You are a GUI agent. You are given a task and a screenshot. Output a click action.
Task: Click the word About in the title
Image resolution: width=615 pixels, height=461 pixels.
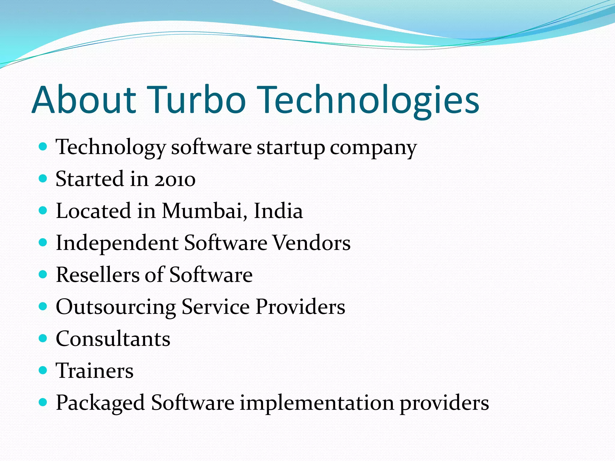click(x=84, y=100)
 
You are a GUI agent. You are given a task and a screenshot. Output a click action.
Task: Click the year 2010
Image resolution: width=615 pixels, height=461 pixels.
click(x=175, y=179)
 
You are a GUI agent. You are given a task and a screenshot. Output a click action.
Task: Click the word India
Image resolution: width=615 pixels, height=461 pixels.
click(x=278, y=211)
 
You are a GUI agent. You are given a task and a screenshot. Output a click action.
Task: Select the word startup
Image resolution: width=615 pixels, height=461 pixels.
click(x=291, y=148)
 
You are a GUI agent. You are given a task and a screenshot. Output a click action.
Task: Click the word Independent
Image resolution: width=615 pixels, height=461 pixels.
click(x=117, y=243)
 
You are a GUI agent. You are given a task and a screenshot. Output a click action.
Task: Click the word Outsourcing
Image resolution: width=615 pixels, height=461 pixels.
click(x=116, y=307)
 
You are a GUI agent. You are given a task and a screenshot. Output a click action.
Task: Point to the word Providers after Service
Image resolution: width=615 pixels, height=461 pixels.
click(x=300, y=307)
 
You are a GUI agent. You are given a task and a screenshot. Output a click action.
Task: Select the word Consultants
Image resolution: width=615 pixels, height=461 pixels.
click(x=113, y=339)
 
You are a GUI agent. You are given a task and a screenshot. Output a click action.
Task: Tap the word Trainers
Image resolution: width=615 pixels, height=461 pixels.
click(x=95, y=371)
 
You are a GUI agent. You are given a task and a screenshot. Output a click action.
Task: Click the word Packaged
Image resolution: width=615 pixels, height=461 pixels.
click(x=100, y=403)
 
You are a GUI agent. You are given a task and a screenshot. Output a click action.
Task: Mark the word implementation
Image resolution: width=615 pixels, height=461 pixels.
click(x=317, y=403)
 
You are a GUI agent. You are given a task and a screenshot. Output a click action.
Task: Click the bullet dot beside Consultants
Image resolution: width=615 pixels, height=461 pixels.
click(x=43, y=338)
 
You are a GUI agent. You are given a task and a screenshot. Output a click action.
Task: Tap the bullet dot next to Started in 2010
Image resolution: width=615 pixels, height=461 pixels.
click(x=43, y=179)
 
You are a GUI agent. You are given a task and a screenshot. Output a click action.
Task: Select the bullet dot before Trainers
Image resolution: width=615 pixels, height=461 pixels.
click(x=43, y=370)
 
